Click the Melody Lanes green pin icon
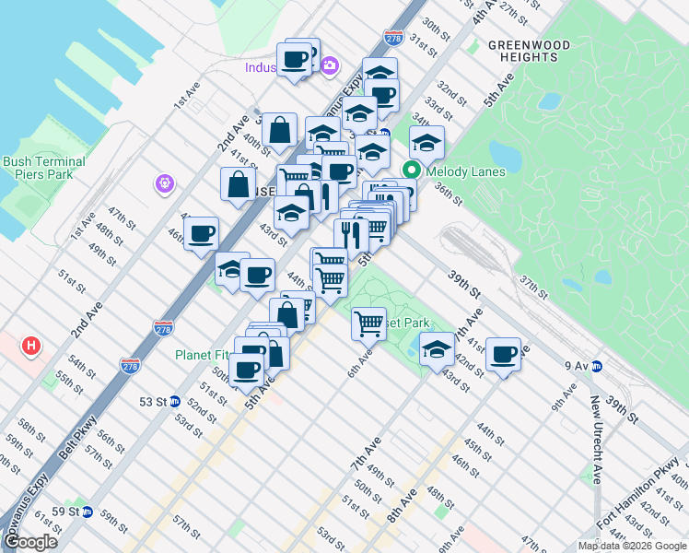click(x=411, y=171)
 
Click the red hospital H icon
click(x=32, y=347)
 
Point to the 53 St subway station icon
click(x=175, y=402)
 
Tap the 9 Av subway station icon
click(x=597, y=366)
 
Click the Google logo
click(x=30, y=542)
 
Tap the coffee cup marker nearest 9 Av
click(x=504, y=354)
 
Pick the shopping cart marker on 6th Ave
click(x=369, y=324)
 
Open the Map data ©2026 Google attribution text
click(x=632, y=546)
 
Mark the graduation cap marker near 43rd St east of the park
click(x=437, y=349)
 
